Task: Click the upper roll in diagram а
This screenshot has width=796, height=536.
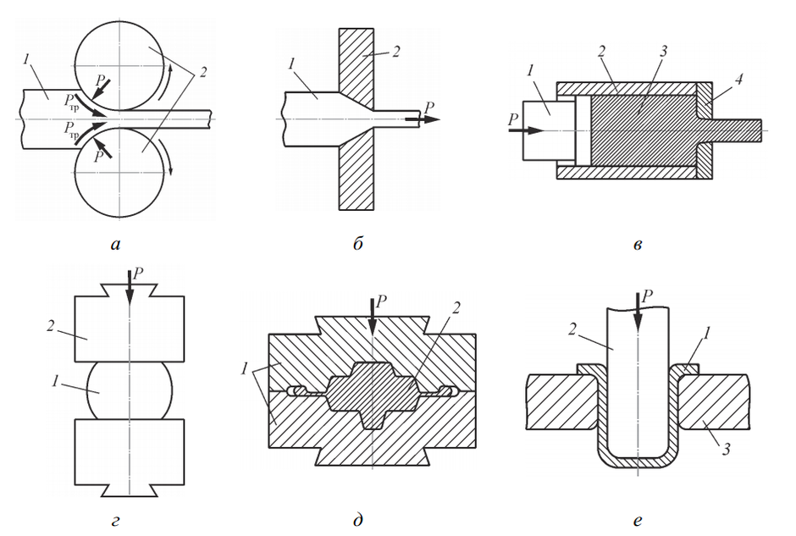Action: click(x=119, y=66)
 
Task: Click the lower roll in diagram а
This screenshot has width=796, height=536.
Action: click(x=119, y=173)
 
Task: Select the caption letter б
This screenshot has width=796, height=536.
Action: click(x=358, y=244)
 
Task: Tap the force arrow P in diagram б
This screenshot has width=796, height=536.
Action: click(x=423, y=119)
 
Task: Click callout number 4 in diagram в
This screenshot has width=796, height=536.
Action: click(x=738, y=80)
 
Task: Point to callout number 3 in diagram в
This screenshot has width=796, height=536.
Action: click(x=663, y=52)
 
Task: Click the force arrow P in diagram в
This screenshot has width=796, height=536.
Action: click(x=526, y=130)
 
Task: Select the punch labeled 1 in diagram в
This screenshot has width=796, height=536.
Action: click(x=550, y=130)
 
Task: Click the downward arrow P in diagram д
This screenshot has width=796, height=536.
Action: click(x=373, y=316)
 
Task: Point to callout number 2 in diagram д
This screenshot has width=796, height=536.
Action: click(x=456, y=308)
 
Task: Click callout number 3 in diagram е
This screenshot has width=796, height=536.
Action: click(x=727, y=449)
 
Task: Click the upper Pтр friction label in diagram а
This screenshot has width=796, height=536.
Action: click(x=72, y=102)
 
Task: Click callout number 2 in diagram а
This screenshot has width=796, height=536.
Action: click(x=203, y=72)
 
